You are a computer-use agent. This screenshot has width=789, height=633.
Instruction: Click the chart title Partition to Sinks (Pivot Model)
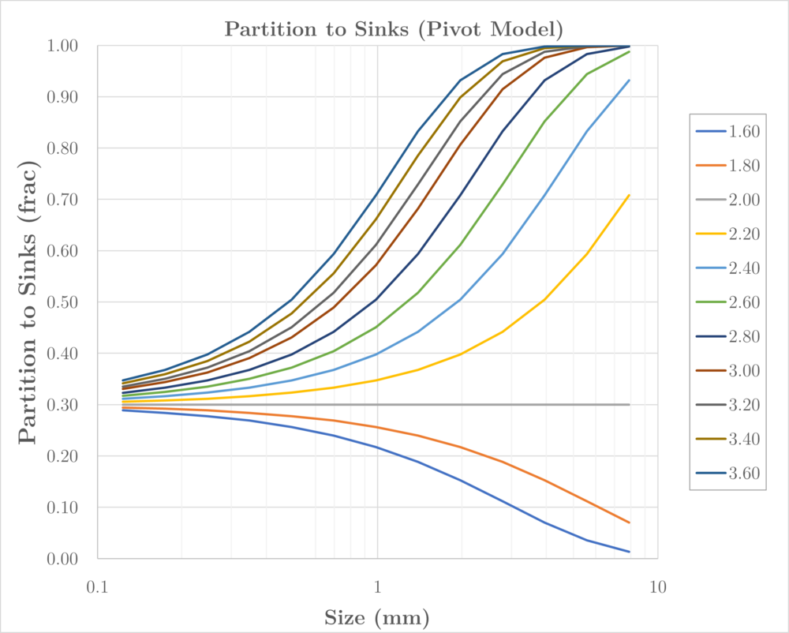click(x=394, y=30)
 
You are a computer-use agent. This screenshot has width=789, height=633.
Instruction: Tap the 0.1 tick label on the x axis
click(x=97, y=586)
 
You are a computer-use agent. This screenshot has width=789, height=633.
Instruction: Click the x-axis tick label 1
click(x=377, y=586)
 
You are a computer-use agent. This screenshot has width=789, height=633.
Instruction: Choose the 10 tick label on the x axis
click(x=657, y=586)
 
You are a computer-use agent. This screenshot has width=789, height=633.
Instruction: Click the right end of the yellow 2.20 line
click(x=630, y=195)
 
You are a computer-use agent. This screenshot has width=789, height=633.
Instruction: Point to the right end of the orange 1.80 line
click(x=630, y=523)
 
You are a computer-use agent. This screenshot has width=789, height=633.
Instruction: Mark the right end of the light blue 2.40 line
click(x=630, y=80)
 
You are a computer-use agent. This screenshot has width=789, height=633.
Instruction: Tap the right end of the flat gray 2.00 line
click(x=630, y=405)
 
